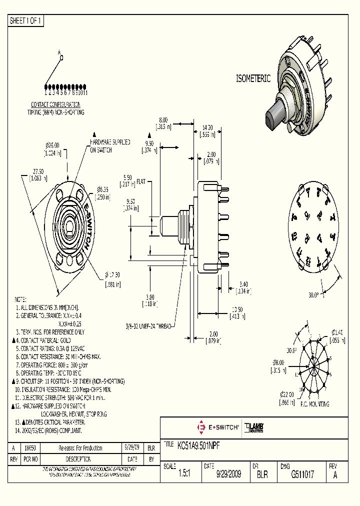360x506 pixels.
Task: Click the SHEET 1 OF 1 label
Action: [26, 21]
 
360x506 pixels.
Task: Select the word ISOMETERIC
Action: [253, 78]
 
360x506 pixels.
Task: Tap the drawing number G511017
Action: [302, 474]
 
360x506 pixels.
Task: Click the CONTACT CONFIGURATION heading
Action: [56, 104]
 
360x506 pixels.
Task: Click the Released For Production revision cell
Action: [80, 448]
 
